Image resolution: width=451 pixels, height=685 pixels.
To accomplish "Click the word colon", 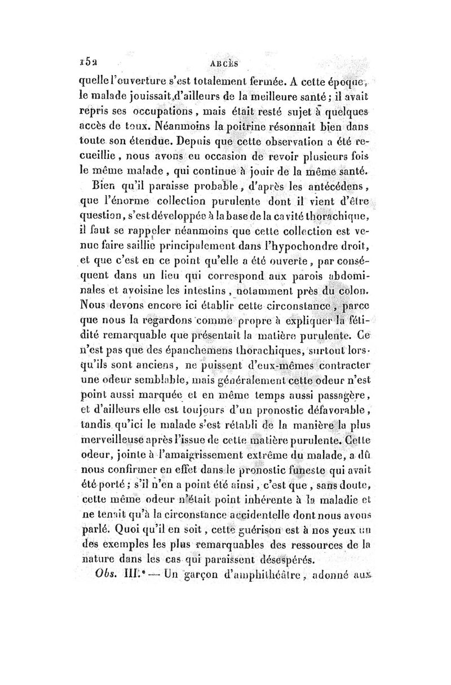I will [354, 291].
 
